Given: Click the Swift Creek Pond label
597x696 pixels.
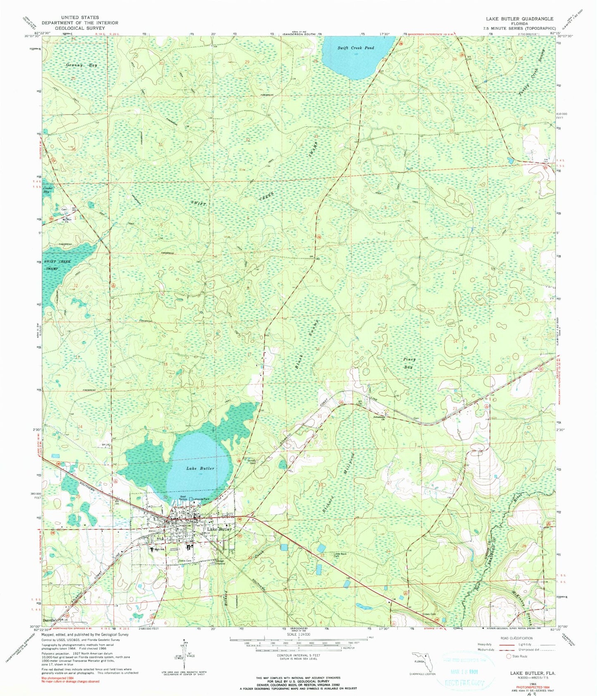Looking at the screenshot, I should point(355,48).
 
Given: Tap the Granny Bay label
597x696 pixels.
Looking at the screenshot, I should point(81,65).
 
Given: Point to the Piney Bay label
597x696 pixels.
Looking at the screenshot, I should point(409,363).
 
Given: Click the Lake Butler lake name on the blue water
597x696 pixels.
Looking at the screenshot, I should point(200,468).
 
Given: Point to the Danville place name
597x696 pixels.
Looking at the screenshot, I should point(51,620).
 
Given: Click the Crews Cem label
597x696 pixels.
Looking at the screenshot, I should point(430,614).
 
